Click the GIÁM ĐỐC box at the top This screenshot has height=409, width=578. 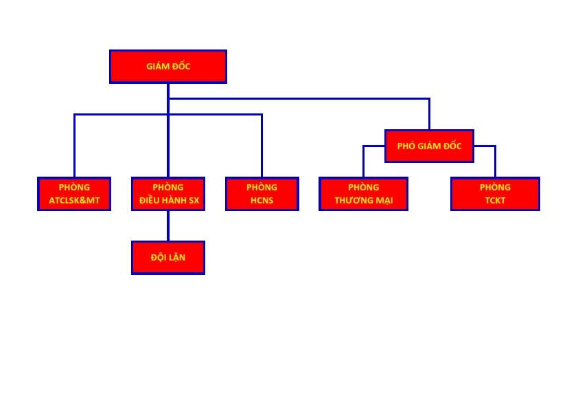(x=168, y=67)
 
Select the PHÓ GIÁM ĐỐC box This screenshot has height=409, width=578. (x=430, y=146)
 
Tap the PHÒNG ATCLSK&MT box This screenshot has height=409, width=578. (x=74, y=194)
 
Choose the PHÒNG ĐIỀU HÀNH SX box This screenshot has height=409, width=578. (x=168, y=194)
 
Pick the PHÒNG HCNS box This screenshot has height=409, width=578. (x=262, y=194)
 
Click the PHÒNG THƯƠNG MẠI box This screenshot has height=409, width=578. (x=363, y=194)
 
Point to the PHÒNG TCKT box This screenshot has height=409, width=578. (x=495, y=194)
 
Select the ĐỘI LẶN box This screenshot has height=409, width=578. (x=168, y=258)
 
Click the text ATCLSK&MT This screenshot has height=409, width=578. (x=74, y=201)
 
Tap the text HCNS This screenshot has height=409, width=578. (x=262, y=201)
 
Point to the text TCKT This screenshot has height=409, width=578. (x=495, y=201)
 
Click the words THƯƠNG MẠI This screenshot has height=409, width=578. (x=363, y=201)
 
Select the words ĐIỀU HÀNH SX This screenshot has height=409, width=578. (x=169, y=201)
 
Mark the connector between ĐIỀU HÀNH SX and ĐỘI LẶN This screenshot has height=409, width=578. (x=168, y=226)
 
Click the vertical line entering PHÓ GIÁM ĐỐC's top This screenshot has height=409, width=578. (x=430, y=114)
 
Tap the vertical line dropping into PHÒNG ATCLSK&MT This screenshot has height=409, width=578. (x=74, y=146)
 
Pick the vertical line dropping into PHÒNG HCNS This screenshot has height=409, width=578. (x=262, y=146)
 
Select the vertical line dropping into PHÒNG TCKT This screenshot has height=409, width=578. (x=495, y=162)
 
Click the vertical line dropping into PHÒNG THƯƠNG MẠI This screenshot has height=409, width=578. (x=363, y=162)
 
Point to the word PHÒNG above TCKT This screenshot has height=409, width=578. (x=495, y=187)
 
